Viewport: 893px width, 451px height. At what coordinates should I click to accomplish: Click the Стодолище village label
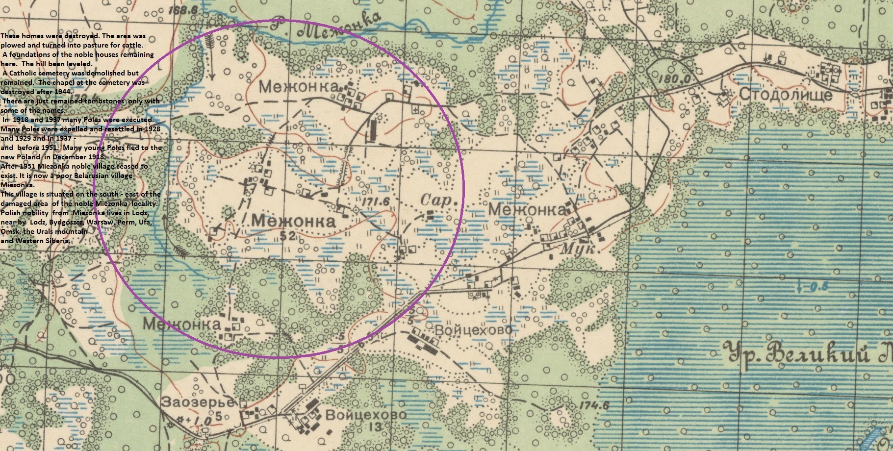[x=785, y=94]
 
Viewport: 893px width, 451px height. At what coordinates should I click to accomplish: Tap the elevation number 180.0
[x=675, y=79]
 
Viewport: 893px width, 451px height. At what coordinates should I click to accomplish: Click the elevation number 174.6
[x=593, y=405]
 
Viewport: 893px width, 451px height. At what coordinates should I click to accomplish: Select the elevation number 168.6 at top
[x=182, y=9]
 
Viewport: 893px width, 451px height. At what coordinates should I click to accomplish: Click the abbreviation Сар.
[x=441, y=200]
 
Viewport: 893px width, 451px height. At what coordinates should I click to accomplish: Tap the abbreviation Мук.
[x=578, y=249]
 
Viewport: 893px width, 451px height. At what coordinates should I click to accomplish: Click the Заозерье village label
[x=198, y=402]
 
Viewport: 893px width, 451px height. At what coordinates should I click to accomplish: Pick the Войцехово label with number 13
[x=366, y=415]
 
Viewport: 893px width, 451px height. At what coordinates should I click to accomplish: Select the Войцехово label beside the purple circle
[x=474, y=329]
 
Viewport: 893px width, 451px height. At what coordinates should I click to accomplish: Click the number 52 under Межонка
[x=288, y=236]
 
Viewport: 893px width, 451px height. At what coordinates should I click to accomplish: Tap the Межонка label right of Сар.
[x=527, y=210]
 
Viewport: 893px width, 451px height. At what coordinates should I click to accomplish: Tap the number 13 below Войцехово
[x=375, y=427]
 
